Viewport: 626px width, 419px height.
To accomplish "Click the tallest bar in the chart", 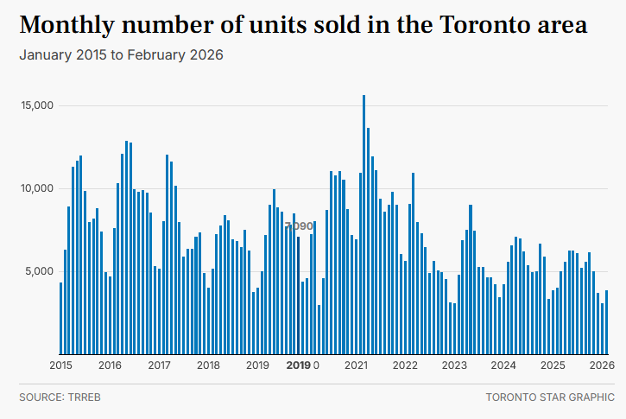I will point(364,225).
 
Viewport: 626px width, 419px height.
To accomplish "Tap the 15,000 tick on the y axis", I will point(38,105).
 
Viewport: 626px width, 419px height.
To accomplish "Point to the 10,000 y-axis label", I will point(38,188).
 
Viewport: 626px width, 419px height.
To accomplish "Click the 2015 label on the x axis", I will point(61,365).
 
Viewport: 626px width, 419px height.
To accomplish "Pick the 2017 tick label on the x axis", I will point(160,365).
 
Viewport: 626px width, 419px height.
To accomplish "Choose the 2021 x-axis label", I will point(357,365).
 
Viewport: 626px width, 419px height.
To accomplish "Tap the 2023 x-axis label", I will point(454,365).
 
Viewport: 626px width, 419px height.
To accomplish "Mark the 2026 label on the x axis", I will point(602,365).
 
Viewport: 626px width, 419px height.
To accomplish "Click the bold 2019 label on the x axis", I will point(298,365).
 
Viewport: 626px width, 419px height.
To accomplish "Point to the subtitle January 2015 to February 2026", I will point(121,55).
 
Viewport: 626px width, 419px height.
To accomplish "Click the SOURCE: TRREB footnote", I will point(54,397).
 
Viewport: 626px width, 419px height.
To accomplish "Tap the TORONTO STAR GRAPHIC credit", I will point(550,397).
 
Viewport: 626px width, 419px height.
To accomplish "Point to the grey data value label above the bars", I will point(300,226).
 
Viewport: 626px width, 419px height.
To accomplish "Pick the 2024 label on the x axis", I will point(503,365).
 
